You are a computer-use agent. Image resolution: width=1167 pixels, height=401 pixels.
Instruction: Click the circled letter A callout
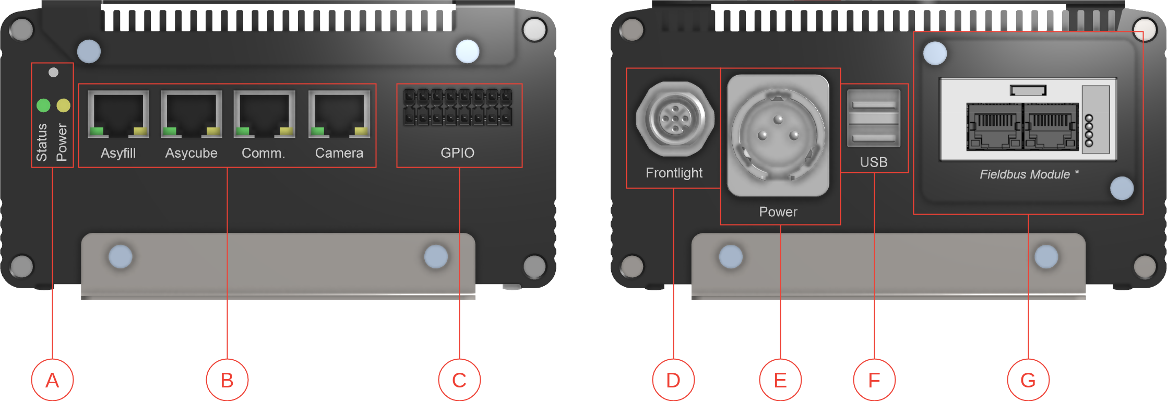[52, 380]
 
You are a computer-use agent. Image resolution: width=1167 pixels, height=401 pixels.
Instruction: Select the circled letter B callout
[227, 380]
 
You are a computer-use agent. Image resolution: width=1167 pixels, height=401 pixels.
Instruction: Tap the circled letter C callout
[459, 380]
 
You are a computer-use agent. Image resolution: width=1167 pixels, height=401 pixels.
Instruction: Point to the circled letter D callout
[673, 380]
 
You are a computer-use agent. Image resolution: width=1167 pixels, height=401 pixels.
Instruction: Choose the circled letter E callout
[780, 380]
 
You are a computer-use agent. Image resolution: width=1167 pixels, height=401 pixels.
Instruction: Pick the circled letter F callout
[874, 380]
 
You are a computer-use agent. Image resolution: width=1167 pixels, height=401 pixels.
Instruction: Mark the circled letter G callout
[1028, 380]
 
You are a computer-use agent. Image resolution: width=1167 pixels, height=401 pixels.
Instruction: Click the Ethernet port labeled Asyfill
[118, 114]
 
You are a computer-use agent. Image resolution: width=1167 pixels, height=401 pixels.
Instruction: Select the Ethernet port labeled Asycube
[192, 114]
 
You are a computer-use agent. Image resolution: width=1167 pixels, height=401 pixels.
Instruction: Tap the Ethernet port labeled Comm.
[265, 114]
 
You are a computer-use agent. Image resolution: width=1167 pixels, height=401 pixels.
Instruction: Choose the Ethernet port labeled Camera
[339, 114]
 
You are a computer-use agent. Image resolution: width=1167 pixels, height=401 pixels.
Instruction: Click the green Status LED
[43, 105]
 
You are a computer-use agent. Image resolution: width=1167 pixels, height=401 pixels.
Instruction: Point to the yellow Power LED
[63, 105]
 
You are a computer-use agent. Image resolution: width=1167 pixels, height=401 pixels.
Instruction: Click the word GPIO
[457, 153]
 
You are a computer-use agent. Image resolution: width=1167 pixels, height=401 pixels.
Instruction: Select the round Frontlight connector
[675, 119]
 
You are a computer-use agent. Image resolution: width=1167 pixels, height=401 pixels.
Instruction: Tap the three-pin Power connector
[778, 135]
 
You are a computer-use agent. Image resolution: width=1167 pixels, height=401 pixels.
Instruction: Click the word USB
[874, 162]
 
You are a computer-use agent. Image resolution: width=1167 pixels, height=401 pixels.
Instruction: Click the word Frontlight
[674, 173]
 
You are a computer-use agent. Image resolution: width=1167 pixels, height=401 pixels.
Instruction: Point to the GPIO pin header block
[457, 107]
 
